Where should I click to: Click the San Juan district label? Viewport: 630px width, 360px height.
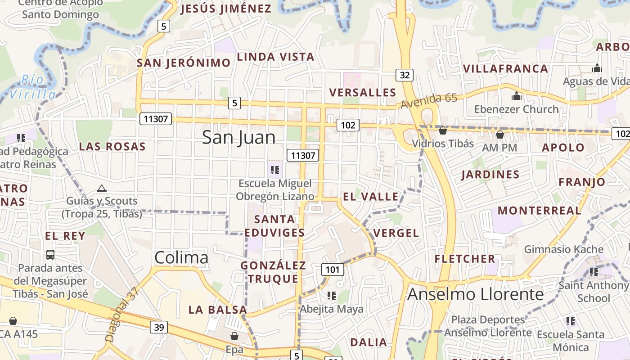click(x=238, y=137)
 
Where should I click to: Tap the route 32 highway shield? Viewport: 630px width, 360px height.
click(x=405, y=75)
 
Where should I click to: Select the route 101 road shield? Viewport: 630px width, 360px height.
click(x=333, y=270)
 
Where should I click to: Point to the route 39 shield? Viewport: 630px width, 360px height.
click(x=159, y=327)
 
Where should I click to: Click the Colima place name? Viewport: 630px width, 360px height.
click(x=181, y=257)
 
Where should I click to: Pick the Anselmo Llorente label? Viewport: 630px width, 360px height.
click(x=475, y=294)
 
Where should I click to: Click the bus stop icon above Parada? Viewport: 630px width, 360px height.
click(x=50, y=255)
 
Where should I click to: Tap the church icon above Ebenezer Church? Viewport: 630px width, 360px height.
click(x=516, y=96)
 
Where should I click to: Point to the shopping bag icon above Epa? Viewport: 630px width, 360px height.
click(x=234, y=336)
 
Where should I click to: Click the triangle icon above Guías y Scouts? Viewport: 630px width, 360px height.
click(x=102, y=188)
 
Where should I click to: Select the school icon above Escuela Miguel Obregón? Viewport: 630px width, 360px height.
click(x=274, y=170)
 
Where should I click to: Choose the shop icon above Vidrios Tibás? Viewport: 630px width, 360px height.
click(x=443, y=130)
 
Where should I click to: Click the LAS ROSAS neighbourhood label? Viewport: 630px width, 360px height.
click(x=112, y=146)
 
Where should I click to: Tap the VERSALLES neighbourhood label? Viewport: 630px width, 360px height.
click(x=362, y=92)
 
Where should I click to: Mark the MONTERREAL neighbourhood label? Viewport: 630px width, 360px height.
click(x=539, y=210)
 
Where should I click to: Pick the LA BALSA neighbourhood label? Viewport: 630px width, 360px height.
click(x=218, y=310)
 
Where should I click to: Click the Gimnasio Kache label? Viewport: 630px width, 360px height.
click(x=563, y=249)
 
